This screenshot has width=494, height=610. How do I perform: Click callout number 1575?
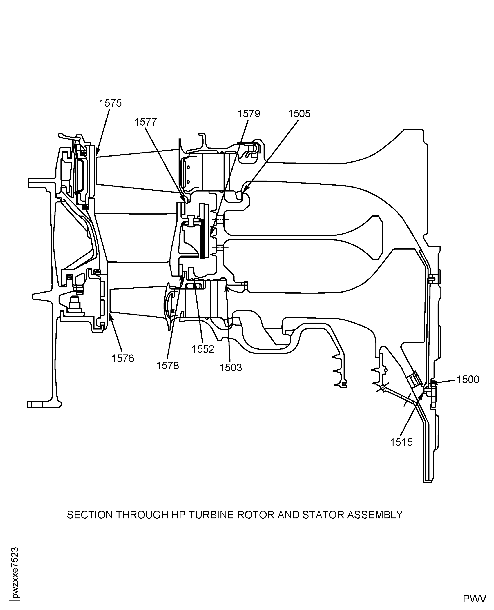tap(110, 103)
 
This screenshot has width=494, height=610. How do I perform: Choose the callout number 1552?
tap(203, 349)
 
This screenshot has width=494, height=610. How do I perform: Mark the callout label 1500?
tap(468, 379)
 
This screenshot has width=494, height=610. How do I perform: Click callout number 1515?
tap(401, 442)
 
